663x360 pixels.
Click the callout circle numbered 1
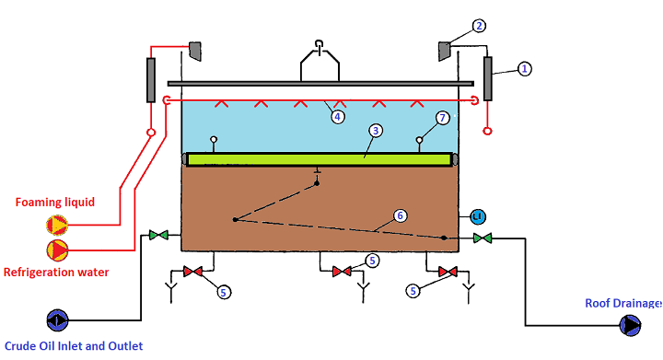click(x=524, y=69)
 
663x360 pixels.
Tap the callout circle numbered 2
click(x=478, y=26)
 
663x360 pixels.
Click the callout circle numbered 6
click(x=400, y=215)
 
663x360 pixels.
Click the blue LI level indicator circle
click(x=477, y=216)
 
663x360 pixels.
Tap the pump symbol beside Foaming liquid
click(x=57, y=224)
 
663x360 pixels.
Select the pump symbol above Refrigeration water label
click(x=57, y=250)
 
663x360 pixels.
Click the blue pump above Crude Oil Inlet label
click(x=56, y=320)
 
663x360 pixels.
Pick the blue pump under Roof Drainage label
click(x=631, y=325)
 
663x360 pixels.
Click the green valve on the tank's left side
click(x=158, y=237)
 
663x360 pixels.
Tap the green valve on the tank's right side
click(x=482, y=238)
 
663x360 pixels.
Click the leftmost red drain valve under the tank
click(x=194, y=272)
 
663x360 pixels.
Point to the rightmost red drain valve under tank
click(x=448, y=272)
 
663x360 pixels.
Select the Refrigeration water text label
click(x=56, y=272)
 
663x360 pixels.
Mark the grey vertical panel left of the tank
click(x=149, y=79)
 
